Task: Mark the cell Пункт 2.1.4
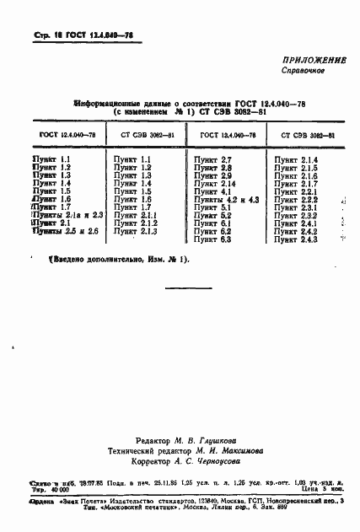tap(296, 160)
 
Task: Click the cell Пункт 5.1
tap(212, 207)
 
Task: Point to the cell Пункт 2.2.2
tap(296, 199)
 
